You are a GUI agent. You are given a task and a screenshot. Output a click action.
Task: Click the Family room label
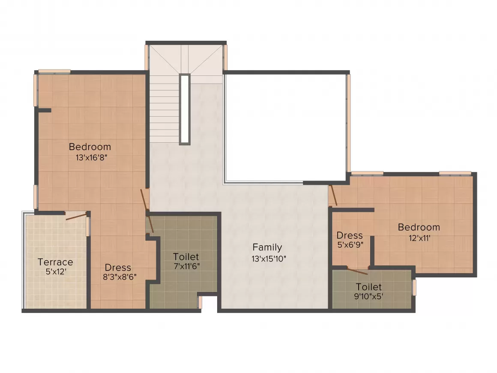pyautogui.click(x=267, y=247)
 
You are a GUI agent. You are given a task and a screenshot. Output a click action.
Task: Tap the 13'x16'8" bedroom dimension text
pyautogui.click(x=92, y=158)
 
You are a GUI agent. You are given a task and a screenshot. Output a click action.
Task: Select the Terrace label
pyautogui.click(x=55, y=262)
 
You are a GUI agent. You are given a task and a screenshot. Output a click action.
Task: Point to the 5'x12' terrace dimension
pyautogui.click(x=56, y=272)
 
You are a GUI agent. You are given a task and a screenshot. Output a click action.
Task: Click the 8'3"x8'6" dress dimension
pyautogui.click(x=120, y=277)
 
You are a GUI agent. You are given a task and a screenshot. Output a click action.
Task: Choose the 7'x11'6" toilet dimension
pyautogui.click(x=187, y=266)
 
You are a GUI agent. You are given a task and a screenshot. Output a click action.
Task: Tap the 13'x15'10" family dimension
pyautogui.click(x=269, y=259)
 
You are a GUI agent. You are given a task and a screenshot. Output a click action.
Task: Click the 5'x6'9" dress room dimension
pyautogui.click(x=350, y=245)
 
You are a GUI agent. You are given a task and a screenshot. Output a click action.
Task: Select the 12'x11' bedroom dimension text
pyautogui.click(x=419, y=238)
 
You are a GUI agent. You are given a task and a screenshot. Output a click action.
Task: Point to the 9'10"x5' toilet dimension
pyautogui.click(x=368, y=297)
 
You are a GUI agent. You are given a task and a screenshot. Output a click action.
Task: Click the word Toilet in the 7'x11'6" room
pyautogui.click(x=186, y=256)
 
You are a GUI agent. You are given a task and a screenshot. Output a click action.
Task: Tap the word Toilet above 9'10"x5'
pyautogui.click(x=368, y=287)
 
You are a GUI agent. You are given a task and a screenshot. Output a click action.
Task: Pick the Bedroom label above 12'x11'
pyautogui.click(x=419, y=227)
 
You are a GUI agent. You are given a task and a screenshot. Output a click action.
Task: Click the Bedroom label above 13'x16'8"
pyautogui.click(x=90, y=147)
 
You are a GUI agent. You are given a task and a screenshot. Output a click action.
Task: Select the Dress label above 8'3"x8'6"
pyautogui.click(x=118, y=268)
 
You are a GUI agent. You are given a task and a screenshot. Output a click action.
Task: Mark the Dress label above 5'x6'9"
pyautogui.click(x=350, y=235)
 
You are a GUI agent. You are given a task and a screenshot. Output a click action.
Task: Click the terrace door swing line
pyautogui.click(x=76, y=217)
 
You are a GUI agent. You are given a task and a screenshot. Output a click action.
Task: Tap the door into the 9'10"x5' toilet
pyautogui.click(x=357, y=271)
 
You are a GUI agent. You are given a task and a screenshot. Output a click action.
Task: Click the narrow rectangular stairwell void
pyautogui.click(x=185, y=109)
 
